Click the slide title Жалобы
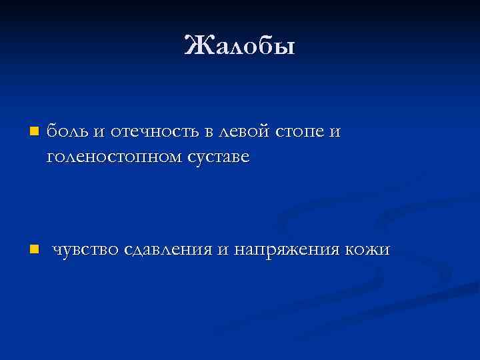(x=239, y=46)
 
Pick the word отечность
(x=151, y=131)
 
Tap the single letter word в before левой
(x=209, y=132)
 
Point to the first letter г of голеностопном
(x=51, y=159)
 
